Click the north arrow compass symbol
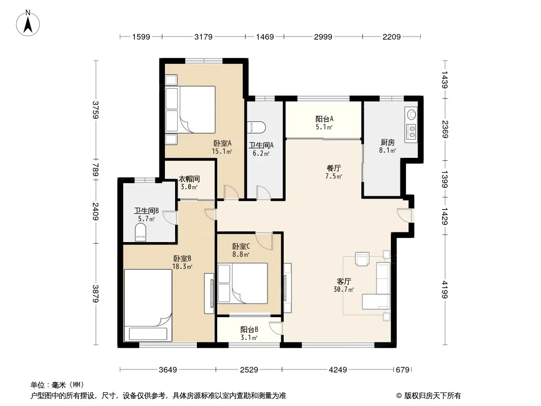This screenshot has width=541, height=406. tap(28, 23)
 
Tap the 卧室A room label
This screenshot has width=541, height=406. tap(222, 143)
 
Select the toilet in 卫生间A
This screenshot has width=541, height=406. tap(257, 127)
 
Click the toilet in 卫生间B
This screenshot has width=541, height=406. tap(140, 232)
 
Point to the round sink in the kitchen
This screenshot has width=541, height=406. tap(412, 114)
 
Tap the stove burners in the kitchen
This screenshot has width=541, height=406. tap(411, 130)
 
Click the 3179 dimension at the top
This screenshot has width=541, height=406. tap(203, 37)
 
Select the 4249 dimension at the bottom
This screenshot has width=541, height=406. tap(338, 370)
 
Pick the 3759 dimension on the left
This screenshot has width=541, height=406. tap(96, 110)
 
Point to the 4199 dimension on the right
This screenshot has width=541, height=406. tap(445, 290)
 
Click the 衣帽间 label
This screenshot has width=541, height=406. tap(189, 179)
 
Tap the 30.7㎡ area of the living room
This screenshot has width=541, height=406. tap(344, 289)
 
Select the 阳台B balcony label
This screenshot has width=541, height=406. tap(249, 330)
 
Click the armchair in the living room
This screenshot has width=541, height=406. tap(362, 259)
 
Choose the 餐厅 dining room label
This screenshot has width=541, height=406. tap(333, 168)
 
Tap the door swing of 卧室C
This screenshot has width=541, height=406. tap(264, 241)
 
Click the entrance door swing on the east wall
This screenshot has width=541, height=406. tap(404, 215)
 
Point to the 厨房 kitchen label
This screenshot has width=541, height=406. tap(387, 142)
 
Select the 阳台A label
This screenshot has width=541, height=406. tap(324, 119)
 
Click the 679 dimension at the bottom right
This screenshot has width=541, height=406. tap(402, 370)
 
